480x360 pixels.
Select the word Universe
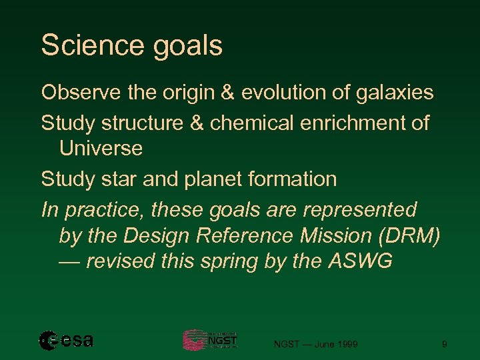coord(101,149)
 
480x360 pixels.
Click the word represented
coord(360,210)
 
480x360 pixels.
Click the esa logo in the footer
coord(66,340)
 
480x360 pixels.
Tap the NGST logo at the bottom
coord(209,340)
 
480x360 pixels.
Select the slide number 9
coord(444,344)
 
